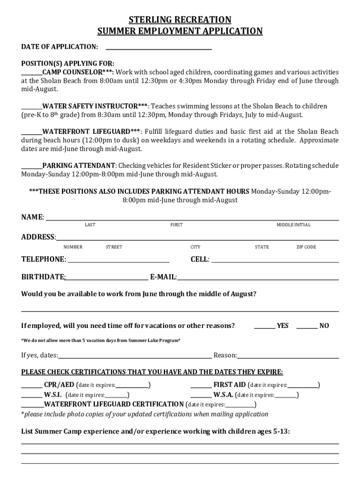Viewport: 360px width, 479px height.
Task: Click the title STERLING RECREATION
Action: pyautogui.click(x=180, y=20)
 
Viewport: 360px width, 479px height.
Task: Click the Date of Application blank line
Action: pyautogui.click(x=159, y=48)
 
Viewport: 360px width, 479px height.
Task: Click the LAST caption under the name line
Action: pyautogui.click(x=90, y=225)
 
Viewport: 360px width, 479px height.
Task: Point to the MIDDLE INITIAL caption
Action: pyautogui.click(x=293, y=225)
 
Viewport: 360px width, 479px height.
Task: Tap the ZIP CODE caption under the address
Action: pyautogui.click(x=306, y=247)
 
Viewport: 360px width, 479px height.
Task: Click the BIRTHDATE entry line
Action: pyautogui.click(x=107, y=278)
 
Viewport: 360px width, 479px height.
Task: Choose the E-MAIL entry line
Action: pyautogui.click(x=258, y=278)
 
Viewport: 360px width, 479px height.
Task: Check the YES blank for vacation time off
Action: pyautogui.click(x=265, y=327)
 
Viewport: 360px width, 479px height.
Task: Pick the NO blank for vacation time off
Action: pyautogui.click(x=307, y=327)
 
